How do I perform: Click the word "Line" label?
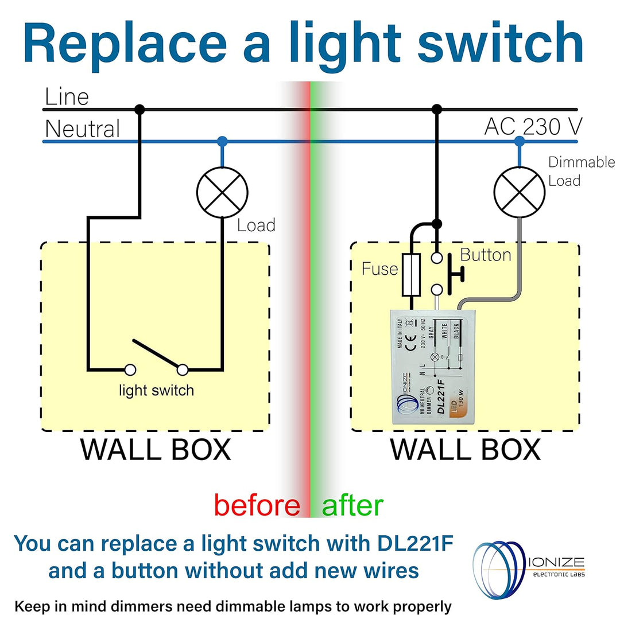[x=67, y=96]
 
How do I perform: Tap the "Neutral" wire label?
[x=82, y=129]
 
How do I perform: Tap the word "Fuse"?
[x=379, y=268]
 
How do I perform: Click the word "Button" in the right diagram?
[x=486, y=254]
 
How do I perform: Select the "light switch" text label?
[x=156, y=391]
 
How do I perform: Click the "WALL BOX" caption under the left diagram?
[x=156, y=449]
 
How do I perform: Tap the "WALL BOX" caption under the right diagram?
[x=466, y=449]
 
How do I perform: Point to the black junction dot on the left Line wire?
[x=138, y=108]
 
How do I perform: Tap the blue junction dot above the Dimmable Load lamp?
[x=520, y=141]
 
